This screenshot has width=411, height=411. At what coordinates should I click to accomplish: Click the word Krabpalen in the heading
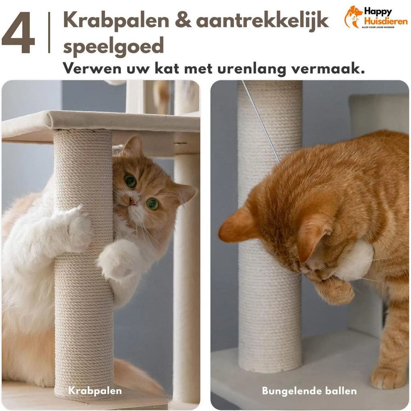[x=116, y=21]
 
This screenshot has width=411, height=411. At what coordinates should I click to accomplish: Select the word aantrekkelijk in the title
[x=262, y=21]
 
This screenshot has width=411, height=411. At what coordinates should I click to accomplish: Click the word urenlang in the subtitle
[x=252, y=69]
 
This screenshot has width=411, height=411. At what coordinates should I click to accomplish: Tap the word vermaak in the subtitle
[x=328, y=69]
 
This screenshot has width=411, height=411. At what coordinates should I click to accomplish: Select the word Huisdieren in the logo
[x=386, y=21]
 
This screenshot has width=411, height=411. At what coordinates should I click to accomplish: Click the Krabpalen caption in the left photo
[x=95, y=391]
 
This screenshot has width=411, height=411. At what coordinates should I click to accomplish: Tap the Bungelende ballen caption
[x=309, y=391]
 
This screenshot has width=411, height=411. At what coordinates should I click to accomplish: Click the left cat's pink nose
[x=132, y=201]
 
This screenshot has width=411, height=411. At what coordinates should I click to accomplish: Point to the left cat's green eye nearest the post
[x=130, y=181]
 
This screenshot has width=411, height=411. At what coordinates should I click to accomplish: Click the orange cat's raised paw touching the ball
[x=333, y=290]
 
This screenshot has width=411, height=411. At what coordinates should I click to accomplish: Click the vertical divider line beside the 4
[x=49, y=33]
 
